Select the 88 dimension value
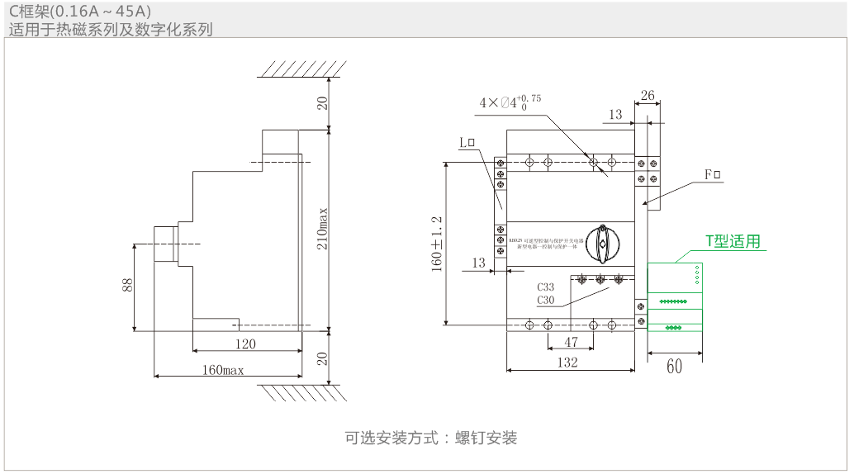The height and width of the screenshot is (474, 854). (x=127, y=285)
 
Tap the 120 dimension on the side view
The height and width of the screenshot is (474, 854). (x=245, y=344)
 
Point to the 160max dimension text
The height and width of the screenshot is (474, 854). (x=223, y=370)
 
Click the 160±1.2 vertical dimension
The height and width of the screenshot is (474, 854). (x=437, y=244)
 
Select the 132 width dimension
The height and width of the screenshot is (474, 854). (x=567, y=363)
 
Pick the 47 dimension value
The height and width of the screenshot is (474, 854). (x=571, y=341)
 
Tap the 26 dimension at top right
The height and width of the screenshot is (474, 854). (x=648, y=96)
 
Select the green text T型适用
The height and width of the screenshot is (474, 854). (x=732, y=241)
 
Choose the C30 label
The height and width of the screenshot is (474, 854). (x=545, y=300)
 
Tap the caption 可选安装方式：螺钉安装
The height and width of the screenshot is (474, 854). (x=430, y=438)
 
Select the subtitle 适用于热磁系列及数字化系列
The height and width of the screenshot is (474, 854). (x=111, y=30)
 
